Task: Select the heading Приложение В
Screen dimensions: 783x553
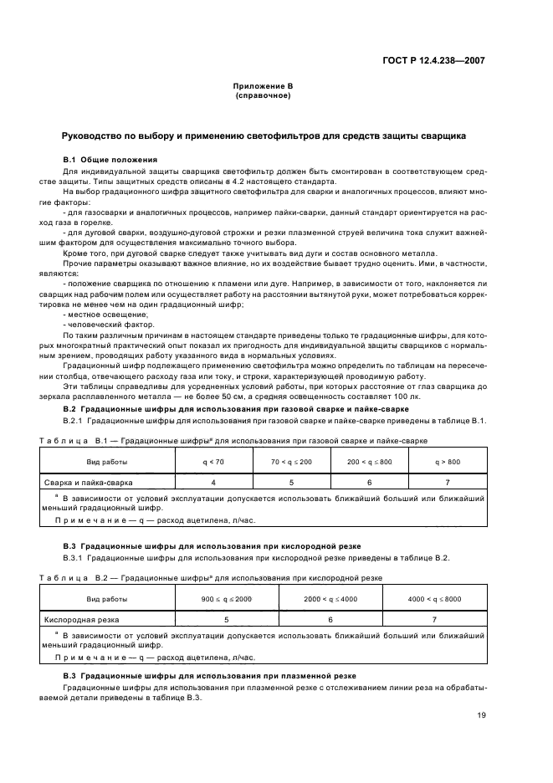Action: [263, 87]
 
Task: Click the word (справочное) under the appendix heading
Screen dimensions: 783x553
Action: [263, 96]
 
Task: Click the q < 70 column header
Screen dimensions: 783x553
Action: [212, 461]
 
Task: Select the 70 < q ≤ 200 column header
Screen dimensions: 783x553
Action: [291, 461]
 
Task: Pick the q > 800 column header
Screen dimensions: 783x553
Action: [447, 461]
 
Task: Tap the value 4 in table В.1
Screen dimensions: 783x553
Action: [212, 482]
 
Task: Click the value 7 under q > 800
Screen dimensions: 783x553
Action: [447, 482]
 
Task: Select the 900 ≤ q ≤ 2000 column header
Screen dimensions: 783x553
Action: [227, 599]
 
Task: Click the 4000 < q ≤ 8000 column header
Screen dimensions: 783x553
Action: [434, 599]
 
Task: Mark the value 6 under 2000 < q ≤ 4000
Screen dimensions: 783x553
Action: [330, 620]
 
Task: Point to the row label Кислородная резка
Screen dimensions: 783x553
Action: [81, 620]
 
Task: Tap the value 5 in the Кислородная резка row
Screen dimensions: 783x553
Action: [227, 620]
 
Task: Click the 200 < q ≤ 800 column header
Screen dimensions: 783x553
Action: [369, 461]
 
